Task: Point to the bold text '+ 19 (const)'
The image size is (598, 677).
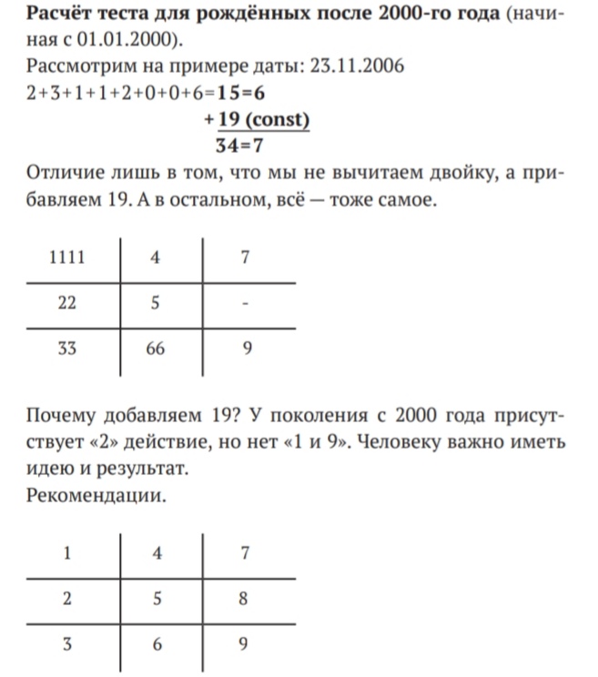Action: (x=257, y=118)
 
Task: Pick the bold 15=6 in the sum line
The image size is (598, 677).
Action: (x=241, y=92)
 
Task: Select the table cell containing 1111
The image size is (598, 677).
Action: (x=66, y=258)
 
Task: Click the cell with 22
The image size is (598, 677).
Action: (x=66, y=303)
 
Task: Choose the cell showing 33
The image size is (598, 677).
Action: (x=66, y=348)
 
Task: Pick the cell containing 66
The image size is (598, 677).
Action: (x=156, y=348)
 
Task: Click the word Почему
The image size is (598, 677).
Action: (x=63, y=417)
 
